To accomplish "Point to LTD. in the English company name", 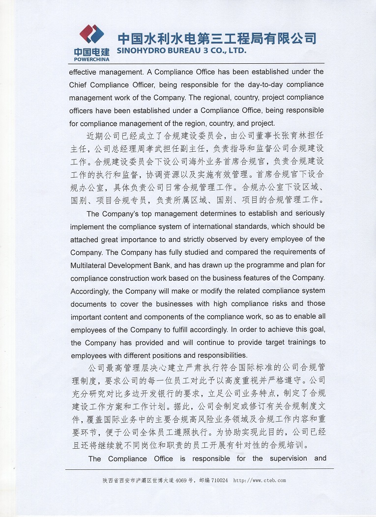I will click(236, 51).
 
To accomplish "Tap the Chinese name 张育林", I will click(284, 136).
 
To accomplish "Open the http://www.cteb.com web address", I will click(259, 481).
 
